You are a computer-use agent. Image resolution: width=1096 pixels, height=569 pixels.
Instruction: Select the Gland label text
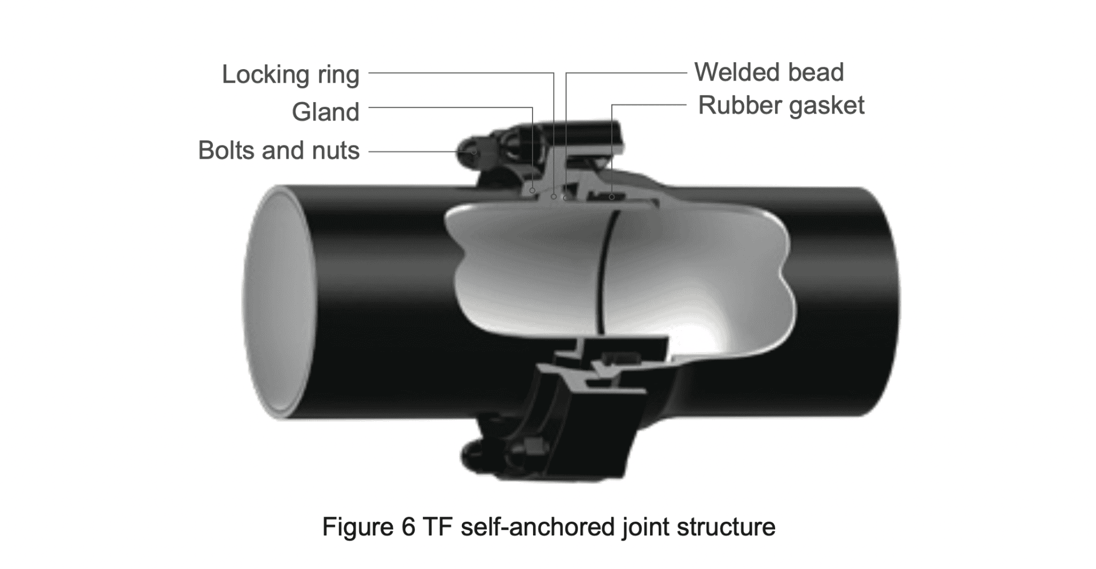point(325,112)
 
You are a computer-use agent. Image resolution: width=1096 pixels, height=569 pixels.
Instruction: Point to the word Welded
point(735,72)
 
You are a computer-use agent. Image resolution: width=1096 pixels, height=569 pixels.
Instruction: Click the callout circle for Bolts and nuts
point(474,152)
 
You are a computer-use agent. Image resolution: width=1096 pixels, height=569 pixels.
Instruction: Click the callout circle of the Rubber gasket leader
point(611,197)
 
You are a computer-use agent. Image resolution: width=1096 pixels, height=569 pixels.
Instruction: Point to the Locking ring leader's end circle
point(554,197)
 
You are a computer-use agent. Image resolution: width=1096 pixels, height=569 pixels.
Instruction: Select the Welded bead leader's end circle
point(566,198)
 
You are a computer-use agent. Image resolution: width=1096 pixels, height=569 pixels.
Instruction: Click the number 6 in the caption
point(408,526)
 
